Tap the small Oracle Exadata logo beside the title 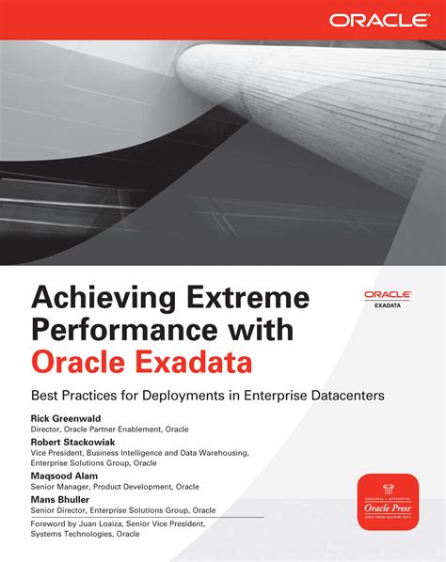(385, 298)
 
